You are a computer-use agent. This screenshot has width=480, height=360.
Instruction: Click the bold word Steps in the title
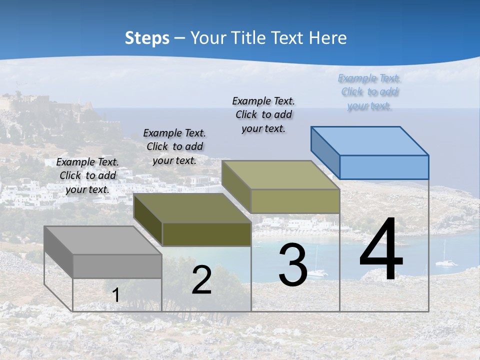pos(147,38)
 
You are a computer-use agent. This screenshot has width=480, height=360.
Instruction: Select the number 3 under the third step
pos(293,265)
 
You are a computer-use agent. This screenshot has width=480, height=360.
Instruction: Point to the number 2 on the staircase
pos(201,280)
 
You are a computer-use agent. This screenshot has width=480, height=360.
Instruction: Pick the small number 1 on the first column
pos(115,295)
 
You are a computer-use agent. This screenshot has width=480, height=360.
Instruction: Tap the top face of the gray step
pos(102,240)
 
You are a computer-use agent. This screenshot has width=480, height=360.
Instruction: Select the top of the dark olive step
pos(192,208)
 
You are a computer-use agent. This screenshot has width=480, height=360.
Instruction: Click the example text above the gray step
pos(87,175)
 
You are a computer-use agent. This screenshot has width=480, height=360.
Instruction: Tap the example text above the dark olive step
pos(174,146)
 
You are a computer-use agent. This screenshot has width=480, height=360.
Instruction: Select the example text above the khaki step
pos(263,114)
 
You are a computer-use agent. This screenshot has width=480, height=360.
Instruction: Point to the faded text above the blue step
pos(369,92)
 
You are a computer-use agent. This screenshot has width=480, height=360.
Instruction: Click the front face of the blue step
pos(384,167)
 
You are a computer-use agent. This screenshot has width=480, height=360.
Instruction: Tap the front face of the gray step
pos(117,266)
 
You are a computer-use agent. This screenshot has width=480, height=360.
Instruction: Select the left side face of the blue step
pos(325,152)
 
